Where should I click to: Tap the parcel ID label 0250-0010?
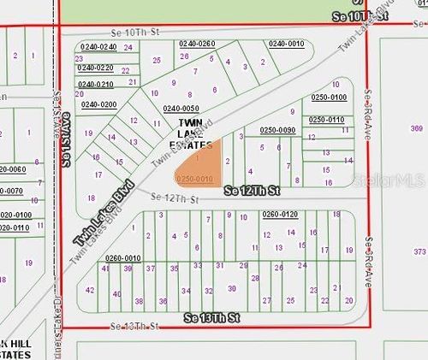pos(193,178)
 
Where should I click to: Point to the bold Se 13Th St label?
pos(213,318)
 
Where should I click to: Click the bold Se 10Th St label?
pos(357,17)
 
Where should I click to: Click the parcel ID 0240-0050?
pos(181,109)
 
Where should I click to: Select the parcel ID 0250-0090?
pos(277,129)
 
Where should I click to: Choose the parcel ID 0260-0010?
pos(122,257)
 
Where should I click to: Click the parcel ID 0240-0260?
pos(197,43)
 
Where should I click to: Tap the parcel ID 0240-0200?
pos(98,104)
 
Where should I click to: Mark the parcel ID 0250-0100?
pos(329,97)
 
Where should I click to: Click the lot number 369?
pos(417,128)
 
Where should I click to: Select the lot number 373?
pos(419,252)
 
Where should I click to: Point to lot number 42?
pos(91,291)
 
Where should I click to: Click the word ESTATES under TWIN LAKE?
pos(192,145)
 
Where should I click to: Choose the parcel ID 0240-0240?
pos(98,46)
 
